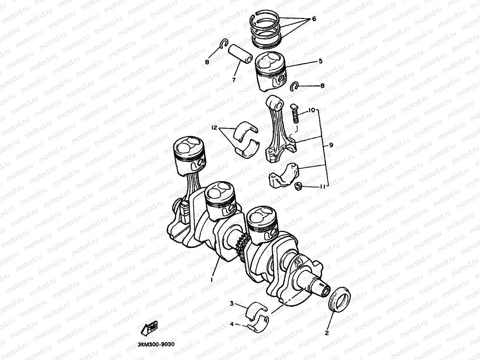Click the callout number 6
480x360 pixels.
click(314, 19)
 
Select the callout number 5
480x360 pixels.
click(320, 61)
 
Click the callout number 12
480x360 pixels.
click(214, 128)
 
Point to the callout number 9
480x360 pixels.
click(331, 145)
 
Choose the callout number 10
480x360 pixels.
click(311, 109)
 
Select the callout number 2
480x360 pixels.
click(327, 333)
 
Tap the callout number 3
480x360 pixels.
click(231, 303)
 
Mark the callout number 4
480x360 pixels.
click(231, 324)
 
